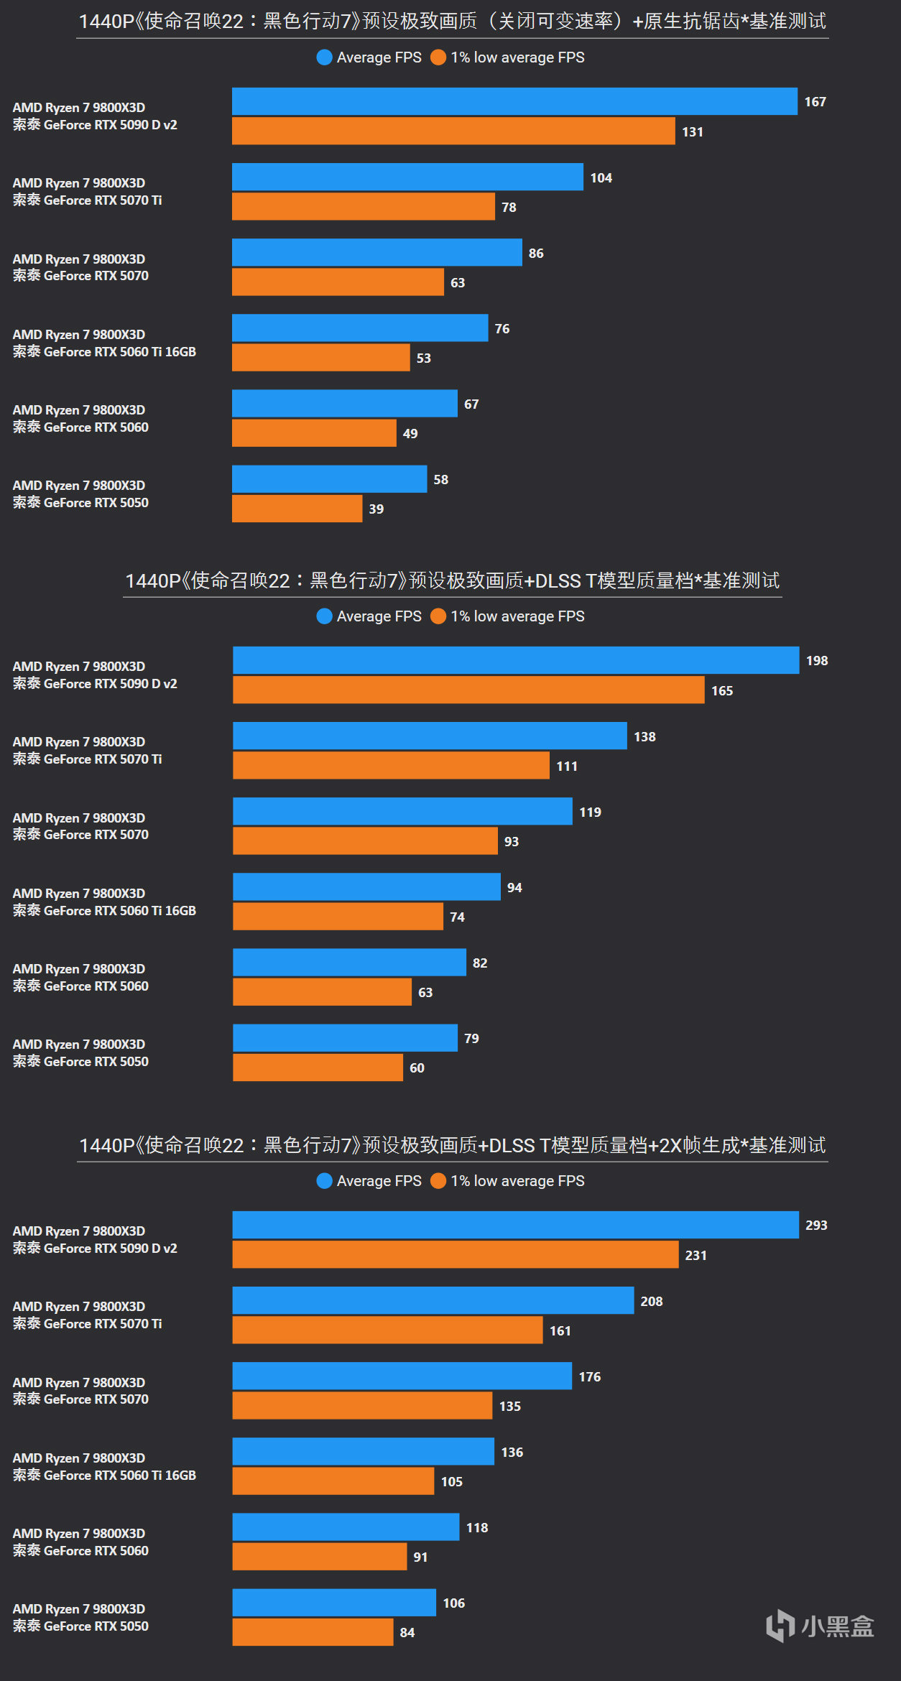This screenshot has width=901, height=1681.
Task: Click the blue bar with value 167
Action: pos(514,101)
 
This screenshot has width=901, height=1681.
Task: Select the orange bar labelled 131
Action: pos(453,131)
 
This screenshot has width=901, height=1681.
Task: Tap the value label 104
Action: pos(601,177)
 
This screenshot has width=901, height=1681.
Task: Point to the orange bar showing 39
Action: pos(297,509)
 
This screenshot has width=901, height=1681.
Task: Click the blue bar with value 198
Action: pos(516,660)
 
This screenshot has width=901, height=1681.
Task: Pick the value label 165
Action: pos(722,690)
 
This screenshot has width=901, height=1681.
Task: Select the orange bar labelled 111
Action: pos(391,766)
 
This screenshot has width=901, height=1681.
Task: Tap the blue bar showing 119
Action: pos(402,812)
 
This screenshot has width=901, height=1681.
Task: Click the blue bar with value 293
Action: pos(515,1225)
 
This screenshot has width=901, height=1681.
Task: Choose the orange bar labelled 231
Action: pos(455,1255)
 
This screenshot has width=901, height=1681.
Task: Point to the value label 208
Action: pos(652,1301)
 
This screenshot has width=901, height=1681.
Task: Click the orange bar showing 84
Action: pos(313,1632)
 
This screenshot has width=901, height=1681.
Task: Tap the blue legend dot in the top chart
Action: pos(325,57)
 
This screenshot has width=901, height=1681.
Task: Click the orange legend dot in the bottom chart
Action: pos(438,1181)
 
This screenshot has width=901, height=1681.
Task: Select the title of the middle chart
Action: pos(453,580)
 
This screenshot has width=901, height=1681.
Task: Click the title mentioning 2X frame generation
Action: pos(453,1145)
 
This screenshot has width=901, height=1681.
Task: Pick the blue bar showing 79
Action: pos(345,1038)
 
